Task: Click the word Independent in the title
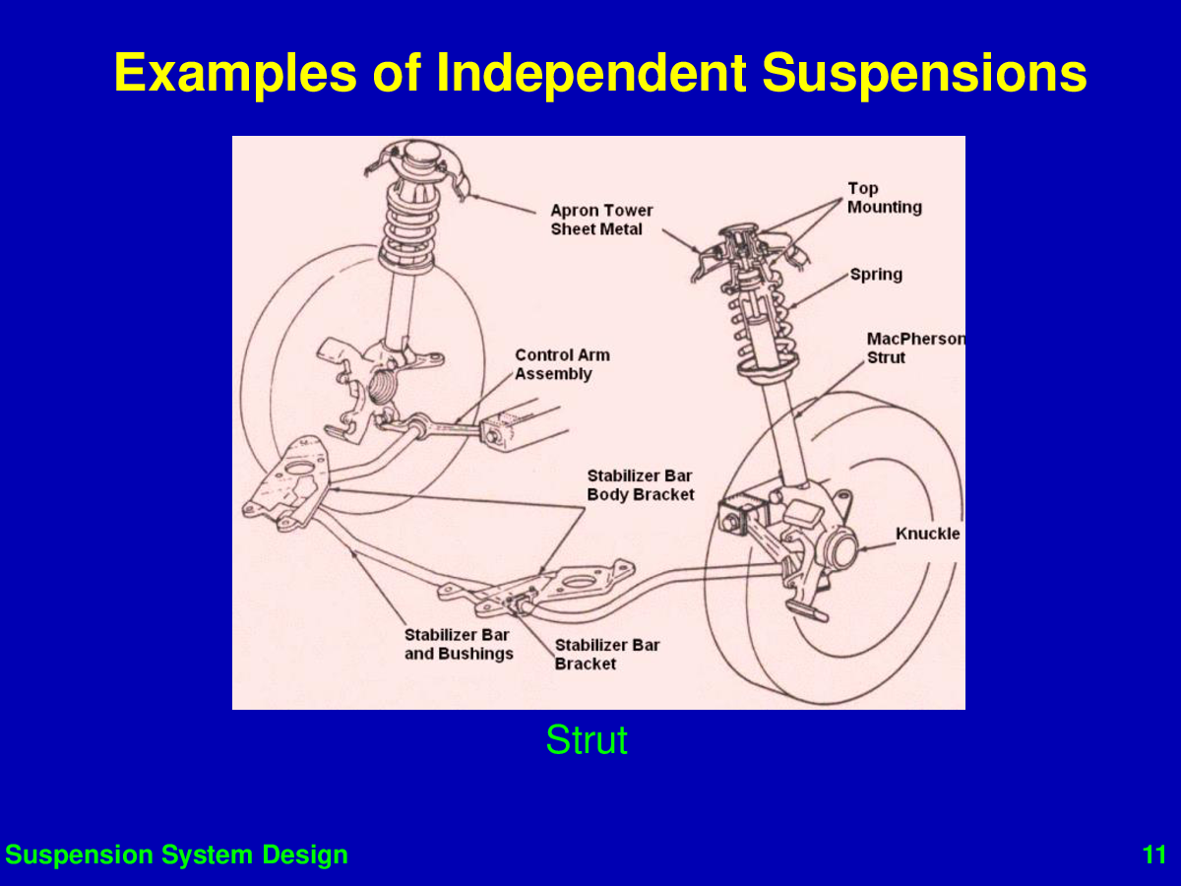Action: coord(591,73)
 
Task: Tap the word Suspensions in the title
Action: coord(924,73)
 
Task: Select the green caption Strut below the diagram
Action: coord(587,739)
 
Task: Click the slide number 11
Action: coord(1154,854)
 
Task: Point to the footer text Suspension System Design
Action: coord(176,854)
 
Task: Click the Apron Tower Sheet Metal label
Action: coord(601,220)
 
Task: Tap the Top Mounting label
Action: coord(885,198)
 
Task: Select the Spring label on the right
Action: coord(876,275)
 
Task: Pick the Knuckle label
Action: coord(928,534)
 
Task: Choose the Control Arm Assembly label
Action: coord(562,364)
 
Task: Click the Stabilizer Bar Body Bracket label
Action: coord(641,485)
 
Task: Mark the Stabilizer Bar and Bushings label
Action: coord(459,644)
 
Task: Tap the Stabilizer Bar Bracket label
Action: coord(607,654)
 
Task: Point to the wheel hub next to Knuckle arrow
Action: coord(839,546)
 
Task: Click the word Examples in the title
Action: coord(235,73)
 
